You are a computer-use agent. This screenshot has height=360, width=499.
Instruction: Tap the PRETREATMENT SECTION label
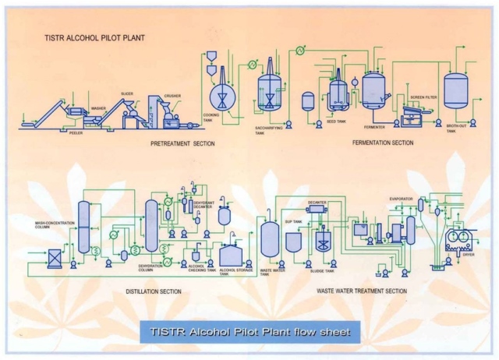click(182, 144)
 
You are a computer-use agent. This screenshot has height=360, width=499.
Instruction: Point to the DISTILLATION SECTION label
click(154, 291)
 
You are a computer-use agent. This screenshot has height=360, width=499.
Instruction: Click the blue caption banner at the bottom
click(249, 332)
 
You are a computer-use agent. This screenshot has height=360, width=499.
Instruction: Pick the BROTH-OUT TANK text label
click(456, 129)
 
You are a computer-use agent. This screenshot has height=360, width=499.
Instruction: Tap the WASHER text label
click(98, 108)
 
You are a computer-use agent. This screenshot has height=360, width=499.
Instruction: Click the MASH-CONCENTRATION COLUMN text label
click(55, 227)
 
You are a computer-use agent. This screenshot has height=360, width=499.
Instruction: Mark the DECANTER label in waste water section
click(317, 202)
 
